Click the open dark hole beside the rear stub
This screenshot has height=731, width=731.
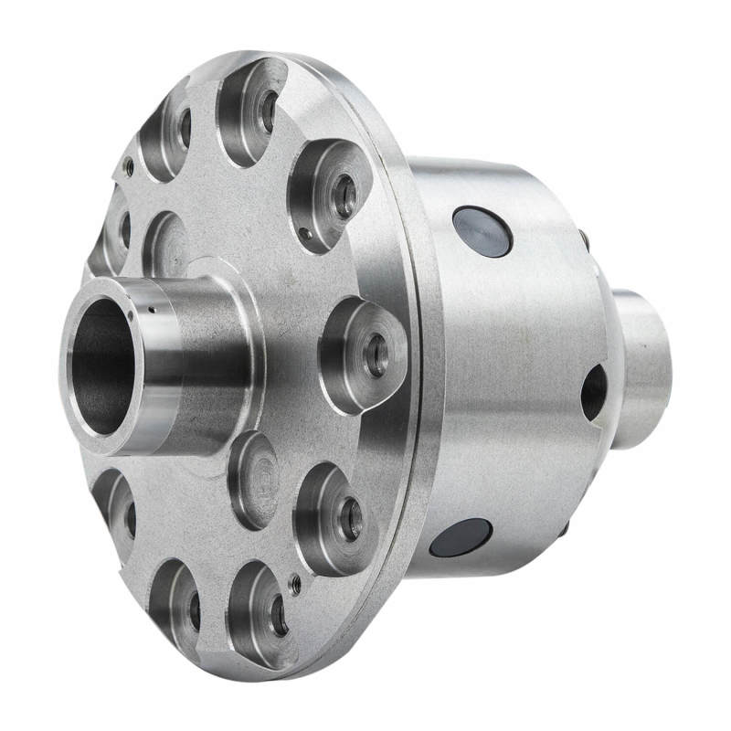point(593,392)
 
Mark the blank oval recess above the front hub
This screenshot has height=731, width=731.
point(166,245)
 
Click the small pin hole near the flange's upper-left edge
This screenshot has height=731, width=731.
point(129,168)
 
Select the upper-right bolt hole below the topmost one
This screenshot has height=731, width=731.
point(344,194)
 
